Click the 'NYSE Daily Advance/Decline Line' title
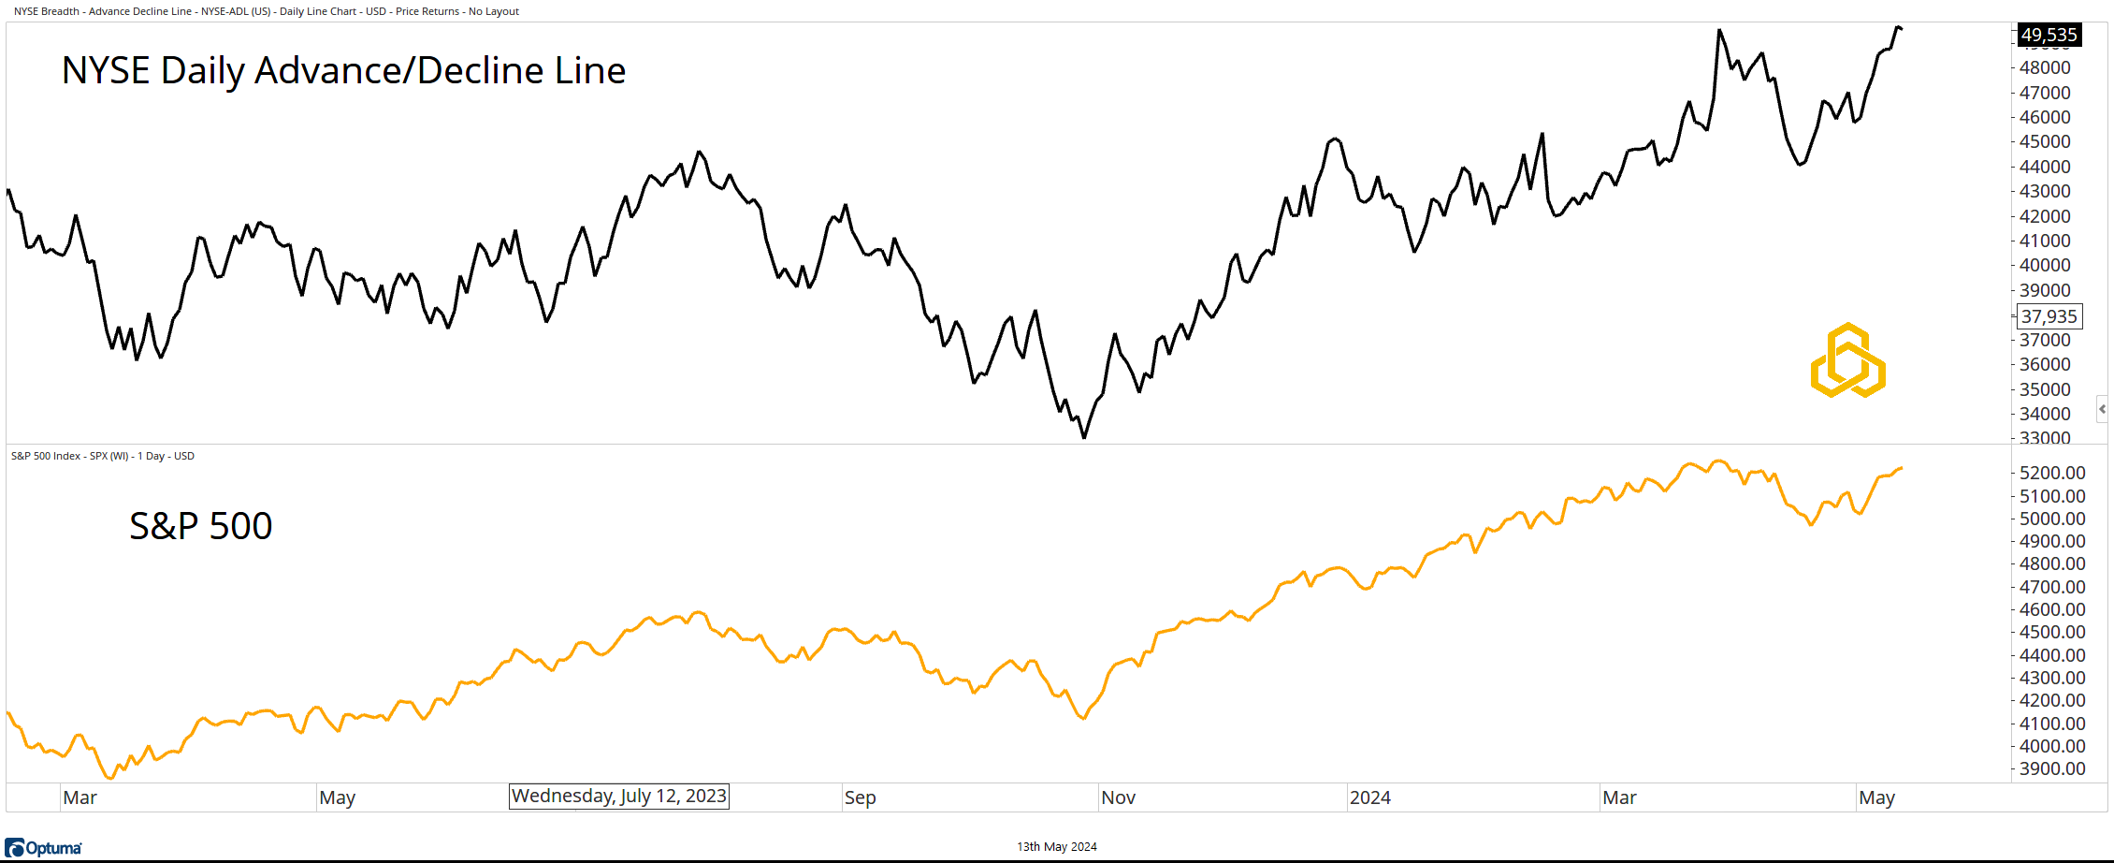pos(343,71)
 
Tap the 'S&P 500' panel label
pos(200,526)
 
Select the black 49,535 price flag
pos(2049,36)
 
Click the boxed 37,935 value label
pos(2049,316)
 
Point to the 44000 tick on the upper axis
pos(2045,167)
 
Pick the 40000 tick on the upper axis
pos(2045,266)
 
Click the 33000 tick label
pos(2045,438)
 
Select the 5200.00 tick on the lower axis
pos(2052,474)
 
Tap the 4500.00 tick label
pos(2052,633)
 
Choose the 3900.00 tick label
pos(2052,769)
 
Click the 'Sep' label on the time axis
pos(860,798)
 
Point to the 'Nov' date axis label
pos(1118,798)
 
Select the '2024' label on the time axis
pos(1369,798)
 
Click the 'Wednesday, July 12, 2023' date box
pos(618,797)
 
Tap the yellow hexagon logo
pos(1847,360)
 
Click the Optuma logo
pos(43,848)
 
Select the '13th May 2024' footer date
pos(1057,847)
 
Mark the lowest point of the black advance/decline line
pos(1084,437)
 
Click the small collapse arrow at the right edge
pos(2102,409)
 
